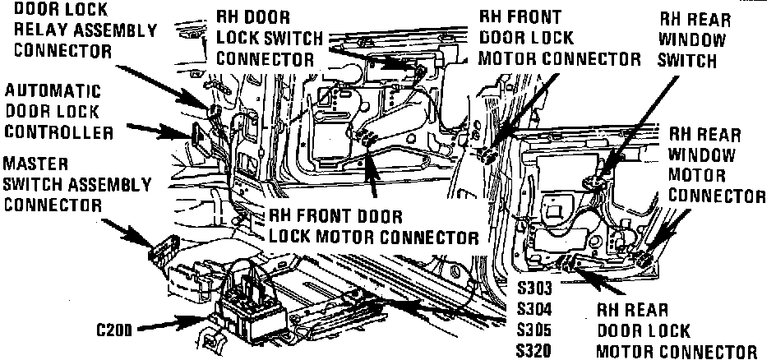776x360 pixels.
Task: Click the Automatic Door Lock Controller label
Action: pos(54,109)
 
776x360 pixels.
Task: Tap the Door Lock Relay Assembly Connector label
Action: pos(79,30)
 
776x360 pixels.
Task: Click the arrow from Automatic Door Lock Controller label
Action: pos(161,129)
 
